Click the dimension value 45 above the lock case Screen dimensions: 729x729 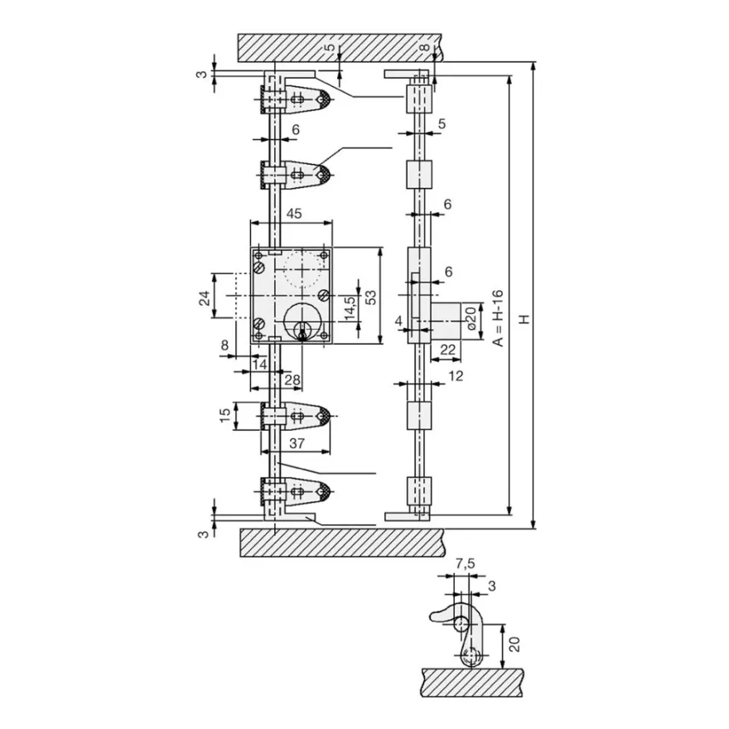tap(294, 214)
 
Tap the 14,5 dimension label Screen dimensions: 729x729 tap(350, 307)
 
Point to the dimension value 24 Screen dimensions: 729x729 tap(205, 297)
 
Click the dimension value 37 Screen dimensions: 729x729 tap(297, 443)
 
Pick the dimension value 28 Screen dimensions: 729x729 tap(292, 380)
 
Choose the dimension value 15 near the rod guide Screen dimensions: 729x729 tap(225, 415)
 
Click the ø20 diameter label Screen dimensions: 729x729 tap(471, 318)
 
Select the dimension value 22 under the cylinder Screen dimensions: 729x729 tap(447, 349)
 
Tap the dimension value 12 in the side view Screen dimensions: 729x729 tap(456, 375)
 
